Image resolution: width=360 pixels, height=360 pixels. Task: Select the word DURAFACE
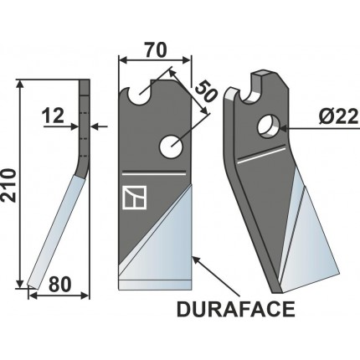point(236,311)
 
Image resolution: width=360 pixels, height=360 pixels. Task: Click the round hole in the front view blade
point(172,146)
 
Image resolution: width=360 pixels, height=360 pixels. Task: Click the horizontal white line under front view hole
point(153,174)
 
